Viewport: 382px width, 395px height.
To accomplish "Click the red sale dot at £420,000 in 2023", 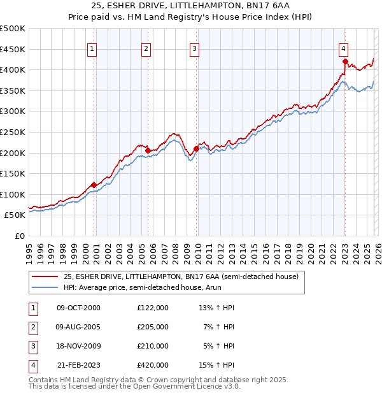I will coord(345,62).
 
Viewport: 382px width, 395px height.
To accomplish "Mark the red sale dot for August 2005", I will coord(148,151).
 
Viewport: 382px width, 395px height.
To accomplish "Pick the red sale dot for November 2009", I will coord(196,149).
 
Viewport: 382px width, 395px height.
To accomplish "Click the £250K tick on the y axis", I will coord(12,132).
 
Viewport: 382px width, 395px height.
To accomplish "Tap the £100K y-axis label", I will coord(12,194).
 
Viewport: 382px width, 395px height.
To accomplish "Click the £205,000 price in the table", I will coord(152,326).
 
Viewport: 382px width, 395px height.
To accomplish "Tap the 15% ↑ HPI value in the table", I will coord(217,365).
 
